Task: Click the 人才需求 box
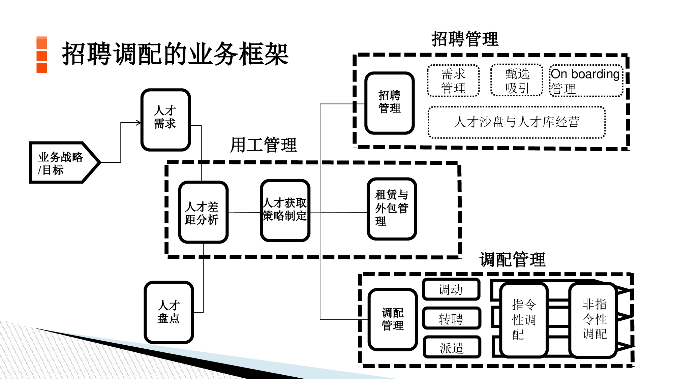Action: point(165,120)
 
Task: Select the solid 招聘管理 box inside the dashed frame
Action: point(390,103)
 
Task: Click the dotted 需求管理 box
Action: point(453,81)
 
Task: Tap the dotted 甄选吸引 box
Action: point(517,81)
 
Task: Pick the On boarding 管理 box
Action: point(586,81)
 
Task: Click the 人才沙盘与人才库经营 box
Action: point(517,122)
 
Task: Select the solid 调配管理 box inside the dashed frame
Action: point(393,319)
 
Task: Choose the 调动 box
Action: point(451,289)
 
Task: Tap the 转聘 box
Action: point(452,318)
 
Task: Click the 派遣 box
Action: point(452,347)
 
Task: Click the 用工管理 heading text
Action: point(264,145)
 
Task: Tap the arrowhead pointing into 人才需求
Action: point(139,123)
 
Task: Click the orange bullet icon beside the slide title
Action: point(42,55)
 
